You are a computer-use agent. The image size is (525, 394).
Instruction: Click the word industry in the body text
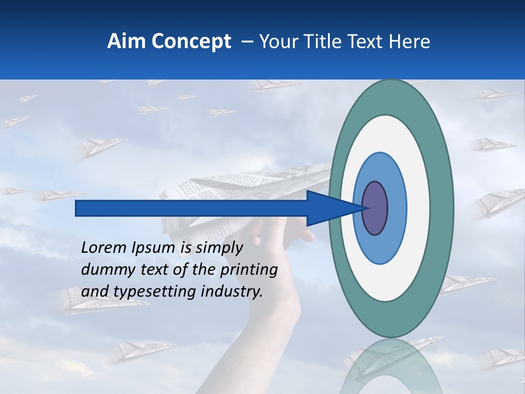(232, 292)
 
